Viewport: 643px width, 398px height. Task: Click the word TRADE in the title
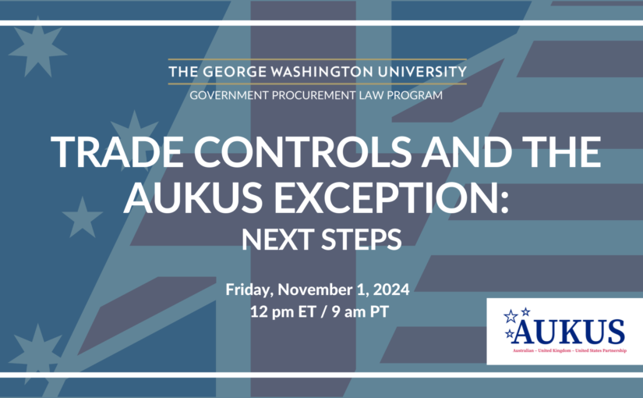pos(117,152)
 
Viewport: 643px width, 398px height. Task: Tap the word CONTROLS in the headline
pos(302,152)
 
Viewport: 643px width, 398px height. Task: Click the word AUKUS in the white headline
pos(193,197)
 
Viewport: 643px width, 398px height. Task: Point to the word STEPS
pos(362,240)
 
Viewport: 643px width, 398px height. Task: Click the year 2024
pos(391,290)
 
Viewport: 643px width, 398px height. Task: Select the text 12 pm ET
pos(283,311)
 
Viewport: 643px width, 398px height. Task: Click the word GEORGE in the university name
pos(235,72)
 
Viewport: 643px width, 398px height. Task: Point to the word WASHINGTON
pos(322,72)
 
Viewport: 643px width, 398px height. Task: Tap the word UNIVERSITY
pos(422,72)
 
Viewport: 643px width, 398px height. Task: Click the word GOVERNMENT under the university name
pos(229,95)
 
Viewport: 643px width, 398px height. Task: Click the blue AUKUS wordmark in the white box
pos(568,332)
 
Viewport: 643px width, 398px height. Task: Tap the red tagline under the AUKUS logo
pos(570,350)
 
